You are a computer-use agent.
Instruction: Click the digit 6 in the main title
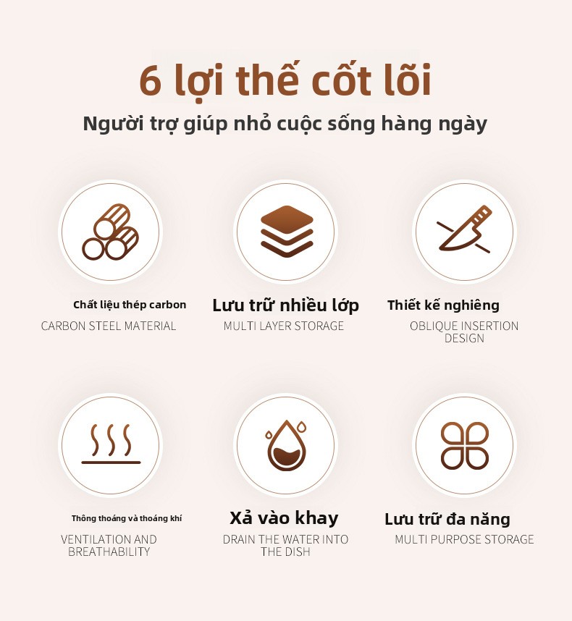coord(151,81)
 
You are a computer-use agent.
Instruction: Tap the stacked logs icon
coord(111,232)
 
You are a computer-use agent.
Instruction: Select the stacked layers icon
coord(287,232)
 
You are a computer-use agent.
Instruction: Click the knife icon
coord(464,229)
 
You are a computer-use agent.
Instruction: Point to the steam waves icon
coord(111,444)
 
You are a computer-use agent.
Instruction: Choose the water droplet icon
coord(287,445)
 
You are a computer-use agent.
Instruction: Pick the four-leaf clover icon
coord(465,445)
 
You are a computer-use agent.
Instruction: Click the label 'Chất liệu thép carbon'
coord(130,305)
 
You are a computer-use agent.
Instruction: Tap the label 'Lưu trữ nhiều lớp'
coord(285,305)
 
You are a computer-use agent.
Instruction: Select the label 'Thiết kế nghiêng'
coord(443,305)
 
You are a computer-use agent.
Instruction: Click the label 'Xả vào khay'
coord(284,518)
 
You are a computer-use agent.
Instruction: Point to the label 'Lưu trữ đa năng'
coord(447,519)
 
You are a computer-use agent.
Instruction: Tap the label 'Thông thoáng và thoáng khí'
coord(127,518)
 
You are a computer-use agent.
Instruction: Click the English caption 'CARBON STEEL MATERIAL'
coord(109,326)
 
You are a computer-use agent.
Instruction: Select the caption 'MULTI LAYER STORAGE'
coord(284,326)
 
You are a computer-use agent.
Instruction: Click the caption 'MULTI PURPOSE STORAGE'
coord(464,539)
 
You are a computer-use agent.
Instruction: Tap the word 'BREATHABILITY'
coord(109,552)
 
